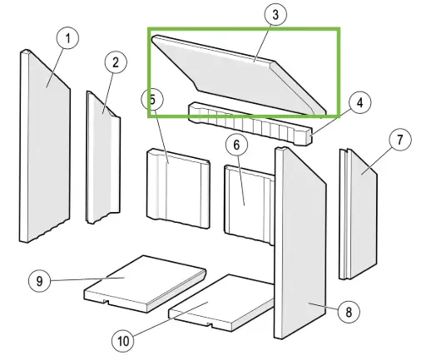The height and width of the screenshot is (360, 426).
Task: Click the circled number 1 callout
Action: [x=67, y=38]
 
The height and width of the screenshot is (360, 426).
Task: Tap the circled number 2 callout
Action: [x=116, y=62]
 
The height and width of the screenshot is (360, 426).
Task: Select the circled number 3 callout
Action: [x=275, y=14]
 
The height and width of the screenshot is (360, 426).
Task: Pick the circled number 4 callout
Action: [x=360, y=103]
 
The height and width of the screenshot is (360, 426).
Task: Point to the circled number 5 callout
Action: [x=152, y=99]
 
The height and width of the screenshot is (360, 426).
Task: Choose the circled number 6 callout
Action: [x=236, y=145]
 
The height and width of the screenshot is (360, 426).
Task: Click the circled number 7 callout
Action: [x=400, y=140]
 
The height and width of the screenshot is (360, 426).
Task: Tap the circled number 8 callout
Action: [x=349, y=312]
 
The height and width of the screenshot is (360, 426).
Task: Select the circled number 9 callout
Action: [x=40, y=281]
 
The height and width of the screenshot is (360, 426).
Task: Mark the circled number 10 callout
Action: [x=123, y=341]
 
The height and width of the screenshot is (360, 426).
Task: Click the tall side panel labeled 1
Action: [x=45, y=146]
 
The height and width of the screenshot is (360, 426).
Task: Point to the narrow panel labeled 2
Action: [x=103, y=157]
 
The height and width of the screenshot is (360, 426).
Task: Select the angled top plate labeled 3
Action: [x=239, y=75]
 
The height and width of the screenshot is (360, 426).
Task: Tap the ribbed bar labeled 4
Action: [x=250, y=124]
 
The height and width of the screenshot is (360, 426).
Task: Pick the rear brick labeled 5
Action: [x=178, y=189]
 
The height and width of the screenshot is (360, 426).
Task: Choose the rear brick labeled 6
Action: [x=249, y=205]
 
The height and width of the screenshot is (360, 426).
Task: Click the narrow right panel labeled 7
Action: [x=358, y=214]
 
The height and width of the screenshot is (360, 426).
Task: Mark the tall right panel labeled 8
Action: [x=300, y=243]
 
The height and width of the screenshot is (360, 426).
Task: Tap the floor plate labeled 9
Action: [x=145, y=284]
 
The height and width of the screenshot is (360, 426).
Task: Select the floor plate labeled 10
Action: [x=222, y=303]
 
